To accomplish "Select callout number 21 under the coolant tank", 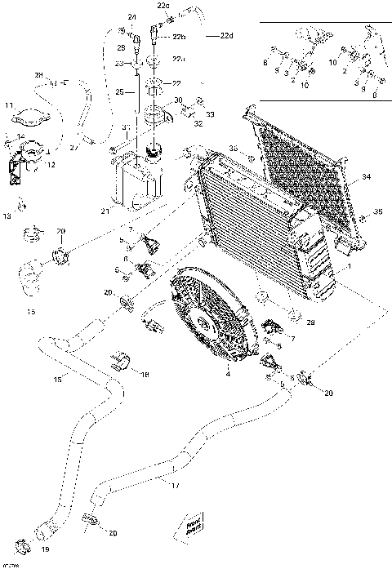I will [x=104, y=212].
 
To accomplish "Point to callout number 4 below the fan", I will [x=227, y=374].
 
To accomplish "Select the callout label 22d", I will [x=225, y=36].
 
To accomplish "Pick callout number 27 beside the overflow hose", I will [x=73, y=148].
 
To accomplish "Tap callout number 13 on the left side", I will [x=7, y=216].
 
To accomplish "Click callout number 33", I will [x=208, y=114].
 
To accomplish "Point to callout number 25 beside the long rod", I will [x=119, y=93].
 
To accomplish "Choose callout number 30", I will [x=178, y=99].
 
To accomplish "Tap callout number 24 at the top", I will [x=132, y=16].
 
